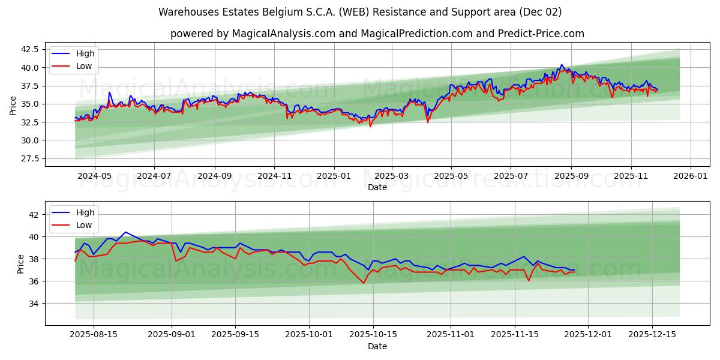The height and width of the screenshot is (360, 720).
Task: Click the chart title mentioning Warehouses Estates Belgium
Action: [x=360, y=12]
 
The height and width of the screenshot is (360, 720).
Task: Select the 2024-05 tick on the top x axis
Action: [x=95, y=176]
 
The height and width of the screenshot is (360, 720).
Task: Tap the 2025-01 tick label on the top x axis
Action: [x=334, y=176]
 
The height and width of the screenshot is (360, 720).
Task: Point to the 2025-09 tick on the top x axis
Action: [x=571, y=176]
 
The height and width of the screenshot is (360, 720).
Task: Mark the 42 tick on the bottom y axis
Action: [x=34, y=215]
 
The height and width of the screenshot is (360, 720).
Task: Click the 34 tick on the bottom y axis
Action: [x=34, y=304]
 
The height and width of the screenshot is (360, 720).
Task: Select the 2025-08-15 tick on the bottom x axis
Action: [x=94, y=334]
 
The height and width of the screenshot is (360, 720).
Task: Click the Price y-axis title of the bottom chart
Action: [x=21, y=263]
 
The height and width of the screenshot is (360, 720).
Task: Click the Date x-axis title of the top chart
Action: [x=377, y=187]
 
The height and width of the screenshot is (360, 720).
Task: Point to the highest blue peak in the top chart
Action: [x=562, y=65]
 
